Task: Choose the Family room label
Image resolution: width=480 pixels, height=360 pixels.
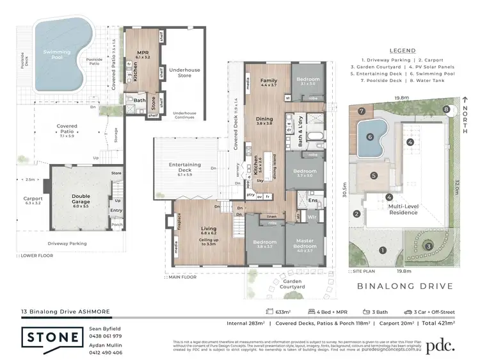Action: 268,82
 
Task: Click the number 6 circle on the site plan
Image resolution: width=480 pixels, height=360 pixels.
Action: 370,136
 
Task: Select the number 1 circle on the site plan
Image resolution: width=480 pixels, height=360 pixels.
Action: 382,250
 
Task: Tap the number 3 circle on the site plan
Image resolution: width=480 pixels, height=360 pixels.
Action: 429,245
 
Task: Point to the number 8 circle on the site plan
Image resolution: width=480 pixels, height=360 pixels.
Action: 445,109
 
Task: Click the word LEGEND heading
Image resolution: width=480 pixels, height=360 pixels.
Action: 401,51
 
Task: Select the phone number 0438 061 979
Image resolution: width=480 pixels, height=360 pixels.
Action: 106,336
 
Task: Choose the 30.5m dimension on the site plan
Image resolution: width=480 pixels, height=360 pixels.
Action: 345,192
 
